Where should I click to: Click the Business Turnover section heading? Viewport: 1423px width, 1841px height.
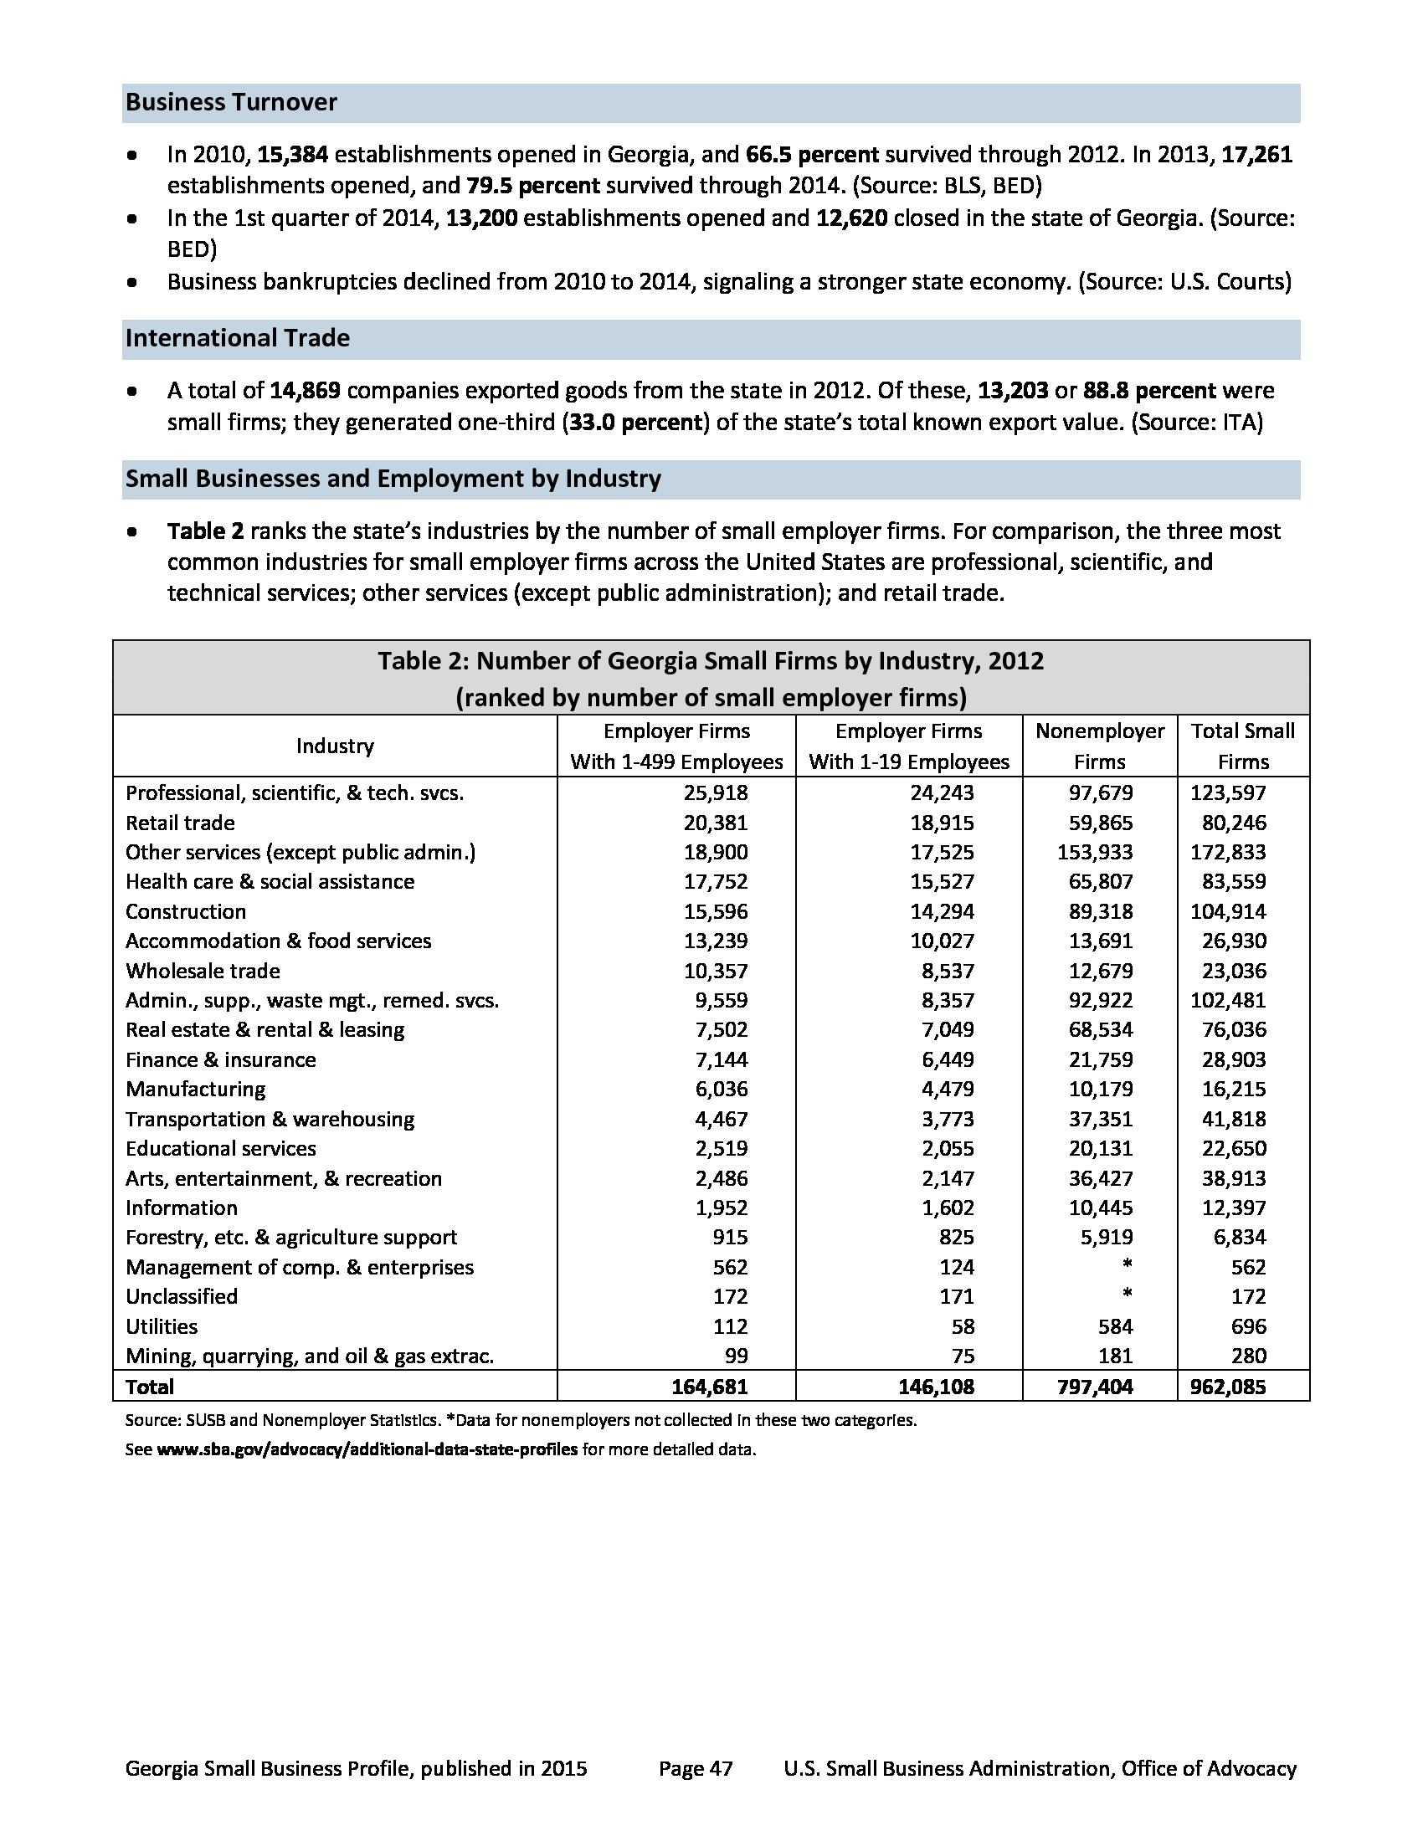click(231, 103)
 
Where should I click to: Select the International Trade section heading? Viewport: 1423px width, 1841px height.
click(237, 339)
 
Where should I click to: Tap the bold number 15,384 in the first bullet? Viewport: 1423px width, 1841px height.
click(291, 155)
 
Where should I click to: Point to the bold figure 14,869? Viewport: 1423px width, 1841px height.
click(305, 391)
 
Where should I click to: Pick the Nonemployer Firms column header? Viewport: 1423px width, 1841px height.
click(1099, 746)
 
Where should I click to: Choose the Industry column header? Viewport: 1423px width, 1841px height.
click(335, 746)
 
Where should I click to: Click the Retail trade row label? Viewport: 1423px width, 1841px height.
click(180, 823)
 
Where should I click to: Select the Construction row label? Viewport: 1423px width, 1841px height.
click(186, 912)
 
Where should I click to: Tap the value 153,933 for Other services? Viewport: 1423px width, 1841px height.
click(1095, 852)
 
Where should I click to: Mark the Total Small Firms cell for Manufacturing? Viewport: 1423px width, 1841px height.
click(1233, 1089)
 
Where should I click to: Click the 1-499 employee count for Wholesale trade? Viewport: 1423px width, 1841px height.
click(715, 971)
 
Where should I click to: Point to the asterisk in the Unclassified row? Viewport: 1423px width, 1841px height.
click(1128, 1295)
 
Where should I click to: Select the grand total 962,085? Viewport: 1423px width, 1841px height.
click(1227, 1387)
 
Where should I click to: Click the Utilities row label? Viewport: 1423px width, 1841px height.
click(161, 1327)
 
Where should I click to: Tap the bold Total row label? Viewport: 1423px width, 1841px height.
click(149, 1387)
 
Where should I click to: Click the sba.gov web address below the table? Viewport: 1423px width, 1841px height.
click(367, 1450)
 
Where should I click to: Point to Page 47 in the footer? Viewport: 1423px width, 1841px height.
click(696, 1768)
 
